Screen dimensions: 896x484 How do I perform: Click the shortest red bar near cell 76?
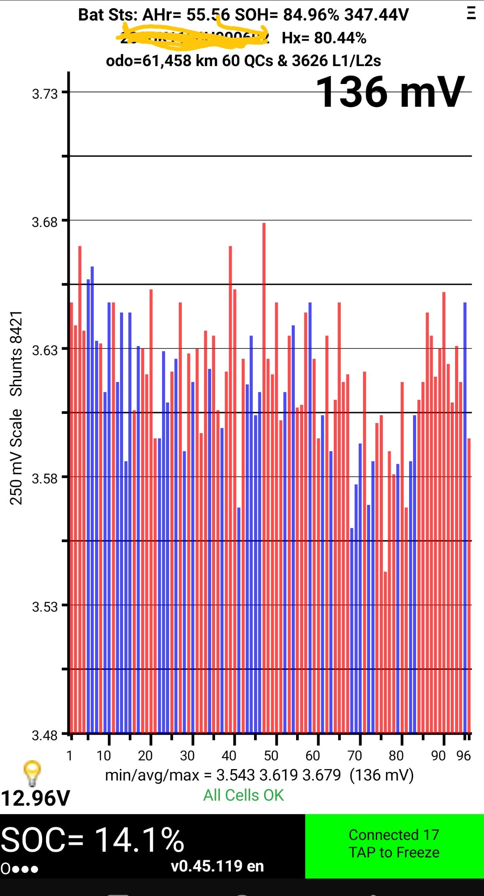tap(385, 647)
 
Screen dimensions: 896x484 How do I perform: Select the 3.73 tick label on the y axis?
tap(45, 94)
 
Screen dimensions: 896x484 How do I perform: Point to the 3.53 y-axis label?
tap(45, 607)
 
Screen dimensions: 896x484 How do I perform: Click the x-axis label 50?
tap(271, 756)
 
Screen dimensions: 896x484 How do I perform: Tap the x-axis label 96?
tap(463, 756)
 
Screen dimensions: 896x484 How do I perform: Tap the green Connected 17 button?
tap(394, 845)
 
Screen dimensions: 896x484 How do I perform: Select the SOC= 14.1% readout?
tap(92, 840)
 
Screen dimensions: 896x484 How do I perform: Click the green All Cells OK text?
tap(244, 795)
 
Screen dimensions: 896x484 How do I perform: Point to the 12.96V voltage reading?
tap(35, 798)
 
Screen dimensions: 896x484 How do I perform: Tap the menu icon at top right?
tap(471, 14)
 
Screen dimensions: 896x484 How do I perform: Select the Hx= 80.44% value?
tap(324, 38)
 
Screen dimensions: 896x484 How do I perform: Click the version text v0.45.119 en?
tap(217, 866)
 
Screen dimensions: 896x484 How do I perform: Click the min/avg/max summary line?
tap(259, 775)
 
